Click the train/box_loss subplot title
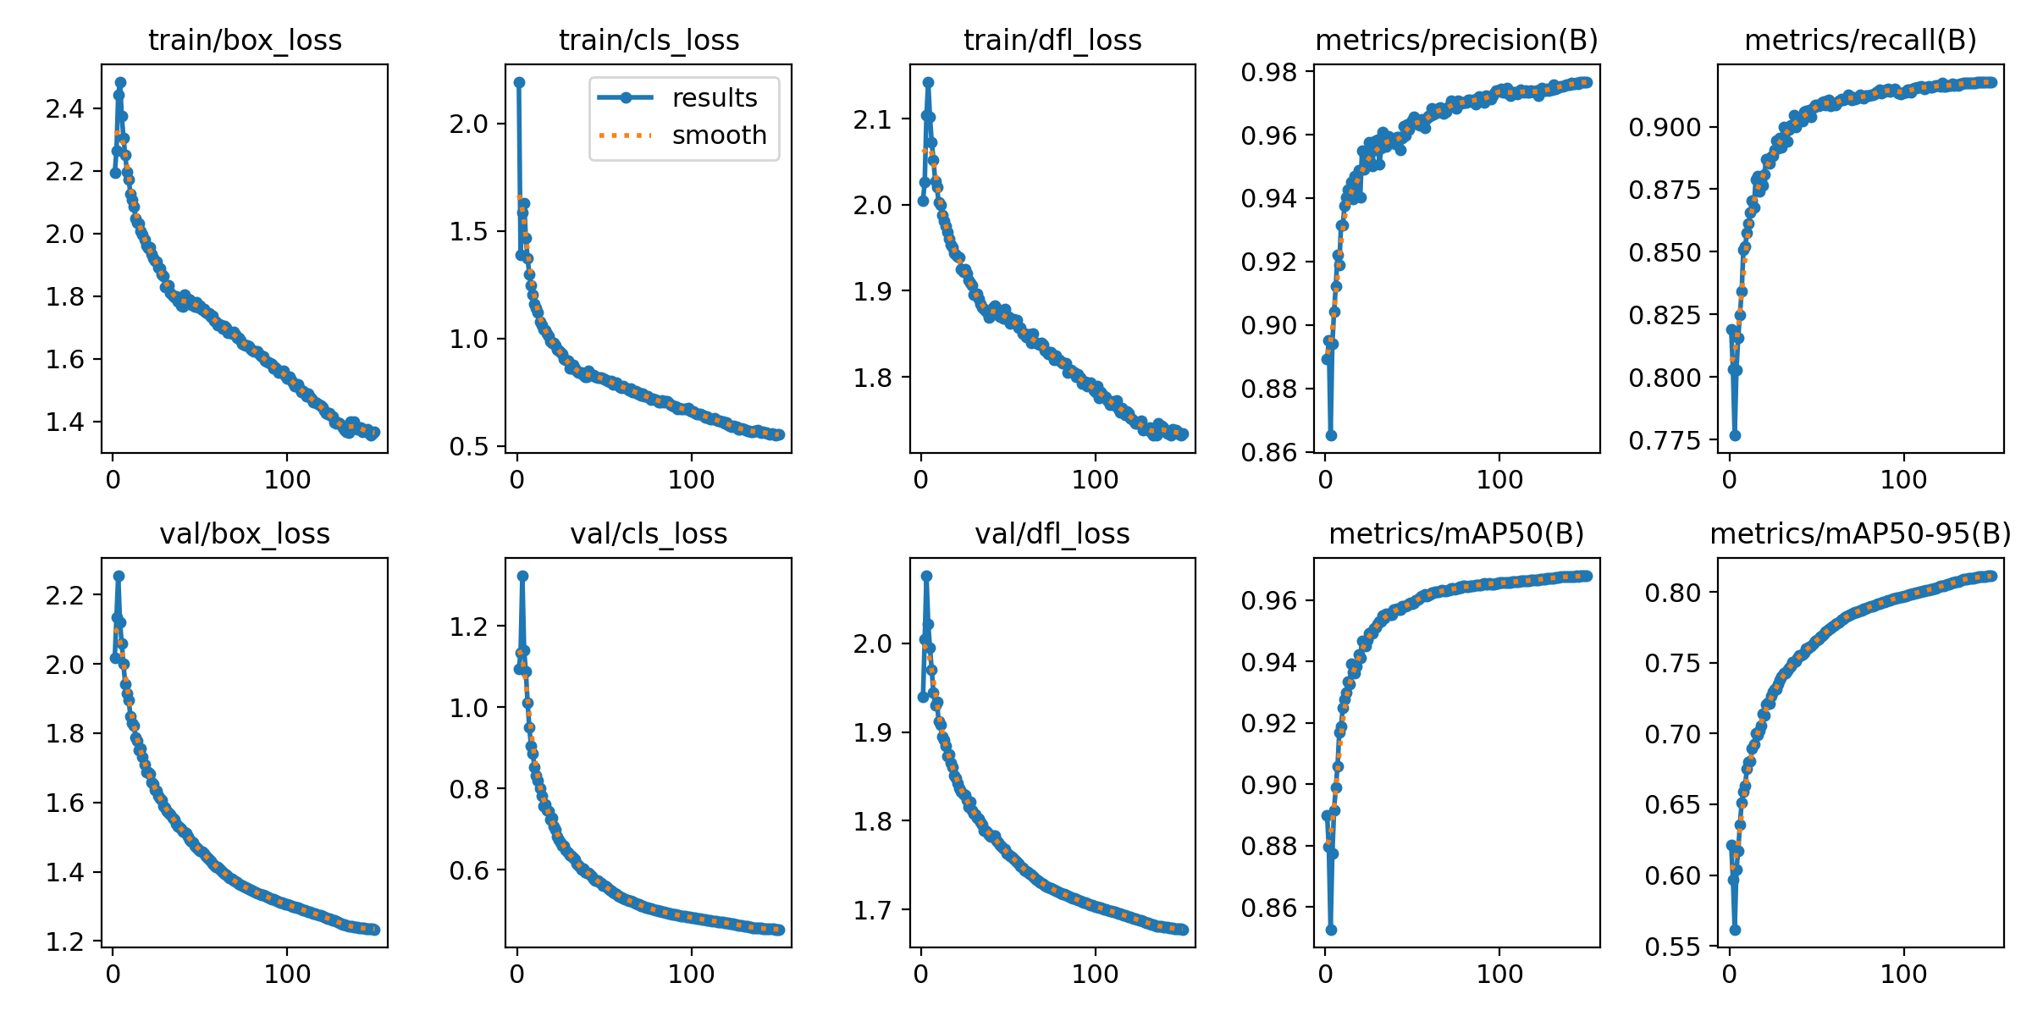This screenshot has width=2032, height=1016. tap(245, 40)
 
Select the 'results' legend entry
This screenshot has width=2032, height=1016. tap(715, 98)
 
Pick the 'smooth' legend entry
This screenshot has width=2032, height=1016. tap(719, 135)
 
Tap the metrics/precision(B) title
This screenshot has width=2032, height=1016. tap(1456, 40)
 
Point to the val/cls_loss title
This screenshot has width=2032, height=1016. tap(649, 533)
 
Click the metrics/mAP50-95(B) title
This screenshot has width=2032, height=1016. tap(1860, 533)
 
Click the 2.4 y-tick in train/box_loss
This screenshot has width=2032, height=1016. tap(64, 108)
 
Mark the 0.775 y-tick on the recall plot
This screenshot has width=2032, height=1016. tap(1664, 440)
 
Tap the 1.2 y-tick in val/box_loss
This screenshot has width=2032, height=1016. tap(64, 941)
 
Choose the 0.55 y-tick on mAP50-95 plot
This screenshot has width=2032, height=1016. tap(1672, 947)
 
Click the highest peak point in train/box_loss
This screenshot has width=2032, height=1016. tap(120, 83)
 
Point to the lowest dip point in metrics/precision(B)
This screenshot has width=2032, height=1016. tap(1331, 435)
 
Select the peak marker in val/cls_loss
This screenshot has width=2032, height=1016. tap(522, 576)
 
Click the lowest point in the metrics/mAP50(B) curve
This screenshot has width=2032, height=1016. tap(1331, 930)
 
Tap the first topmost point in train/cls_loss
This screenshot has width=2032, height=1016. tap(519, 82)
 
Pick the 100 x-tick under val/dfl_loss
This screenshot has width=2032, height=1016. tap(1095, 975)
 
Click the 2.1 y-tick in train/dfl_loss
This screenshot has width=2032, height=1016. tap(873, 120)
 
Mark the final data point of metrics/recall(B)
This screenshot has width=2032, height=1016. tap(1992, 82)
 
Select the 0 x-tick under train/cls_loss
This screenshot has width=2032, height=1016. tap(517, 480)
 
